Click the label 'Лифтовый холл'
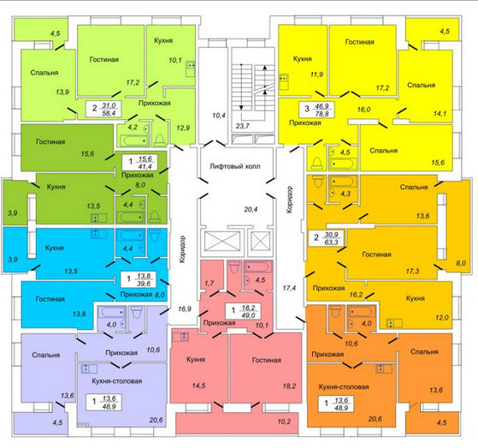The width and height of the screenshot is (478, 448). tap(235, 166)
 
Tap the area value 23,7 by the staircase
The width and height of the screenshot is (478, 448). tap(243, 126)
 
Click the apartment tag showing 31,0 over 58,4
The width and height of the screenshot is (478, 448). tap(103, 109)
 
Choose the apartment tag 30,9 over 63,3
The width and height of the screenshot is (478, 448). tap(326, 238)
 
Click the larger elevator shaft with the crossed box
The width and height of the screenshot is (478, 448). tap(222, 242)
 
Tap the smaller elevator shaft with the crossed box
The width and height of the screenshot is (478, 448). tap(260, 242)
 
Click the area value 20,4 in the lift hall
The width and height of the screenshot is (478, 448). tap(251, 210)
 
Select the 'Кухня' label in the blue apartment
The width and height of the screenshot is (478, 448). tap(54, 248)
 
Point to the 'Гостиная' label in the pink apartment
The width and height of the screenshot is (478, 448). tap(267, 360)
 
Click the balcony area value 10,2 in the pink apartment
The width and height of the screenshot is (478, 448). tap(284, 421)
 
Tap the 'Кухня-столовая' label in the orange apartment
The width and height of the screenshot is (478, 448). tap(344, 387)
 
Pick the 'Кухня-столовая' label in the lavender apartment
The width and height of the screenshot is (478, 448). tap(117, 381)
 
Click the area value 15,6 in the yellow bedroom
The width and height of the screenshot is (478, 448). tap(438, 163)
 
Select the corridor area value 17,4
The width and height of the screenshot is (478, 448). tap(289, 288)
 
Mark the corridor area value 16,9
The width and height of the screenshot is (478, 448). tap(185, 308)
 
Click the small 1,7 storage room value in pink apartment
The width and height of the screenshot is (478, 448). tap(209, 283)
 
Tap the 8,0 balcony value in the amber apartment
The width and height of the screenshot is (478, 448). tap(461, 263)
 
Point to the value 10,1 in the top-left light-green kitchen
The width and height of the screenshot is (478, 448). tap(175, 60)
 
